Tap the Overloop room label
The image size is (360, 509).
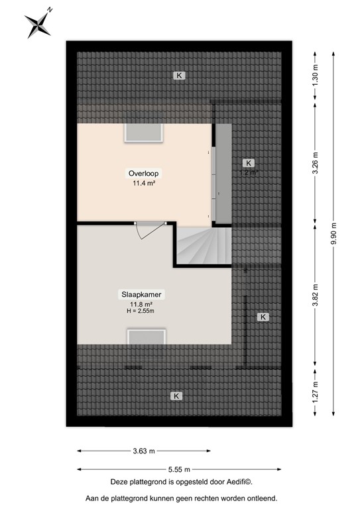coord(144,174)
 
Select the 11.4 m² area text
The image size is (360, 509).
coord(144,184)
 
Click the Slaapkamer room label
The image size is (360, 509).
coord(142,294)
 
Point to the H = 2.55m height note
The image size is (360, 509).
coord(142,311)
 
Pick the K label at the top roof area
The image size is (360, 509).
coord(179,76)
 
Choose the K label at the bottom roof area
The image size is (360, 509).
coord(176,396)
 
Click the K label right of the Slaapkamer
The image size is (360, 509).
coord(263,317)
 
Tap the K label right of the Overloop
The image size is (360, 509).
coord(248,162)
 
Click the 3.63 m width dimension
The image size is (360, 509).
coord(144,451)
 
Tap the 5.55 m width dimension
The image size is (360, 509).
coord(178,468)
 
